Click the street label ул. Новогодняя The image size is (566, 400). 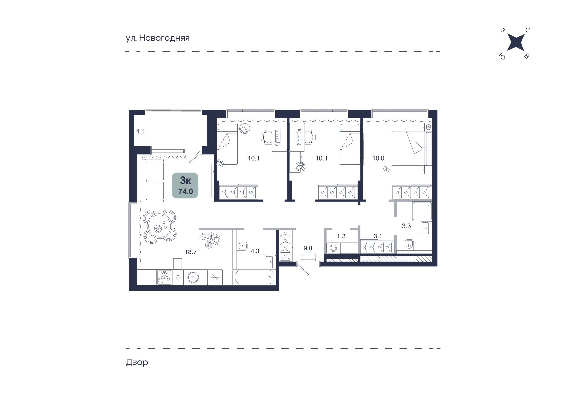(158, 38)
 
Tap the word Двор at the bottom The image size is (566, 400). (137, 362)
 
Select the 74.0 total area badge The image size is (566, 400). (185, 185)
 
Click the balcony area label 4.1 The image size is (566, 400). (141, 132)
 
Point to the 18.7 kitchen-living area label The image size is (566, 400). (191, 252)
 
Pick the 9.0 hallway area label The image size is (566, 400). (308, 248)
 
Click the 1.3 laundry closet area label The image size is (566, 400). (341, 236)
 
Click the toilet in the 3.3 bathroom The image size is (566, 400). (409, 244)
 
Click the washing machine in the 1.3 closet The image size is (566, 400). (334, 248)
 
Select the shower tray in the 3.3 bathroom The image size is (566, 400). (422, 211)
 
